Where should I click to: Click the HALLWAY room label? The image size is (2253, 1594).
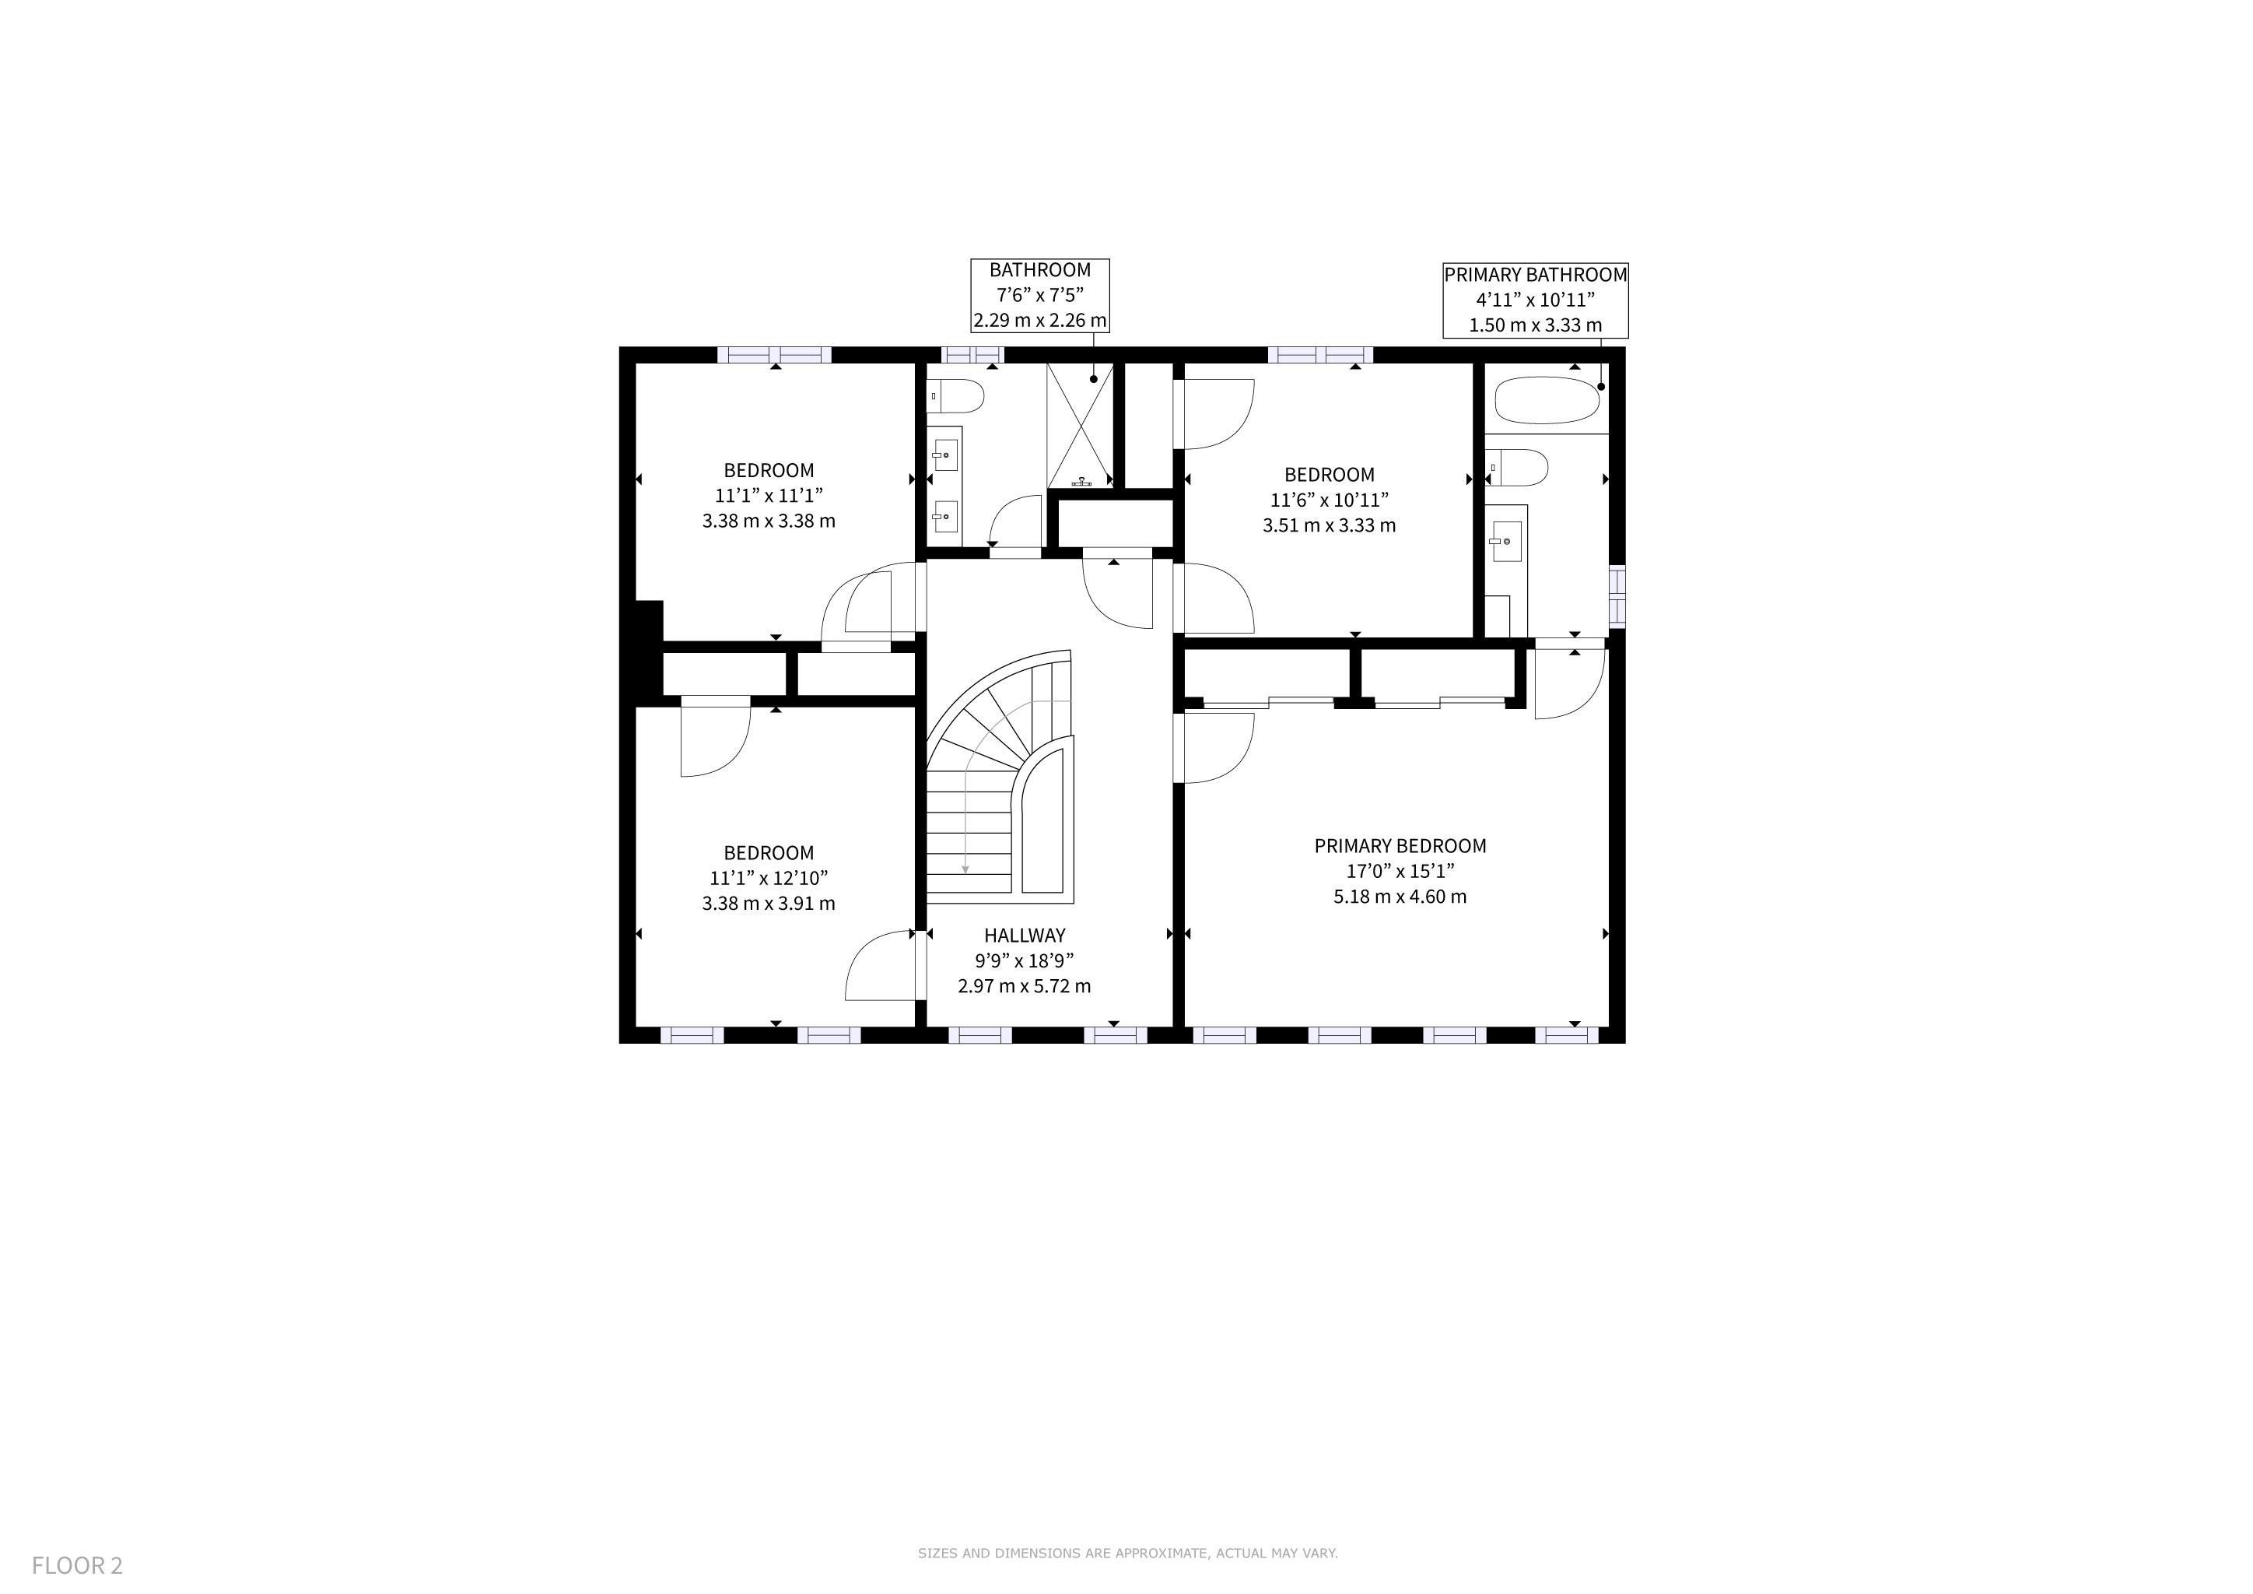[1025, 936]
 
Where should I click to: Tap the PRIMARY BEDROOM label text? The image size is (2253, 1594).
[1400, 846]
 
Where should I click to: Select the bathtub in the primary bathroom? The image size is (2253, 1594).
[1547, 401]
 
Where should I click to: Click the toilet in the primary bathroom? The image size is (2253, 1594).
[1517, 467]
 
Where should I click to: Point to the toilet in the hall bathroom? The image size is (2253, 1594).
[956, 395]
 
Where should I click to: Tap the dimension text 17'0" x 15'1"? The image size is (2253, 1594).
[1400, 871]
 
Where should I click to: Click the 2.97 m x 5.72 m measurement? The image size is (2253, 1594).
[1025, 986]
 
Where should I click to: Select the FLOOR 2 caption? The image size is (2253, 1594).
[78, 1564]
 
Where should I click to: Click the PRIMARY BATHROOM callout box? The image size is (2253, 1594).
[1535, 300]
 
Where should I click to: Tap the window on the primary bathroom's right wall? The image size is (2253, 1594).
[1617, 595]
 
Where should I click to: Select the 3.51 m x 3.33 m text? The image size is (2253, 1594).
[1330, 525]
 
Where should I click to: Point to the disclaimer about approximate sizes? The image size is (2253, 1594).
[1127, 1554]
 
